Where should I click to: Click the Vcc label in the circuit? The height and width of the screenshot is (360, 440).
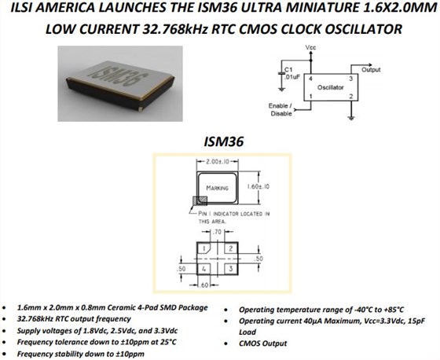pos(310,47)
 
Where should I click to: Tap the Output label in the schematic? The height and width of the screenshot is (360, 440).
pos(371,70)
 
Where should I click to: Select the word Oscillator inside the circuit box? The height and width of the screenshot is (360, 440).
pos(330,87)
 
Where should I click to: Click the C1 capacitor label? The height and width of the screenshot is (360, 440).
pos(288,69)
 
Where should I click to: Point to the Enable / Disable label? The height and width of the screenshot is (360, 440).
pos(280,109)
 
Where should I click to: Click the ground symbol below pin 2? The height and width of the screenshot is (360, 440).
pos(351,117)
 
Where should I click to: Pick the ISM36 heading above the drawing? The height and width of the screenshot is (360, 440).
pos(223,141)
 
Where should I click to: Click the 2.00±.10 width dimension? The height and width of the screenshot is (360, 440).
pos(218,161)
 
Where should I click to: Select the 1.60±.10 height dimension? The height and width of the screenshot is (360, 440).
pos(258,186)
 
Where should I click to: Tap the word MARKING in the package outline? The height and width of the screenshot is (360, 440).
pos(217,188)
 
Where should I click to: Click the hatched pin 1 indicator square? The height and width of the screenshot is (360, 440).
pos(200,201)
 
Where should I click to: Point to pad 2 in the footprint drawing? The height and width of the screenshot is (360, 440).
pos(231,248)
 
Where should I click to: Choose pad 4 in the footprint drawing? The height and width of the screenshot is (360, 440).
pos(203,269)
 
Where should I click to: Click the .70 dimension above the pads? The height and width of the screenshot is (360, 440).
pos(217,232)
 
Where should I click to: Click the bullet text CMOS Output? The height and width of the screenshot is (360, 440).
pos(263,343)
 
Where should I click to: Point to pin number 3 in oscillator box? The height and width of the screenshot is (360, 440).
pos(350,79)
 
